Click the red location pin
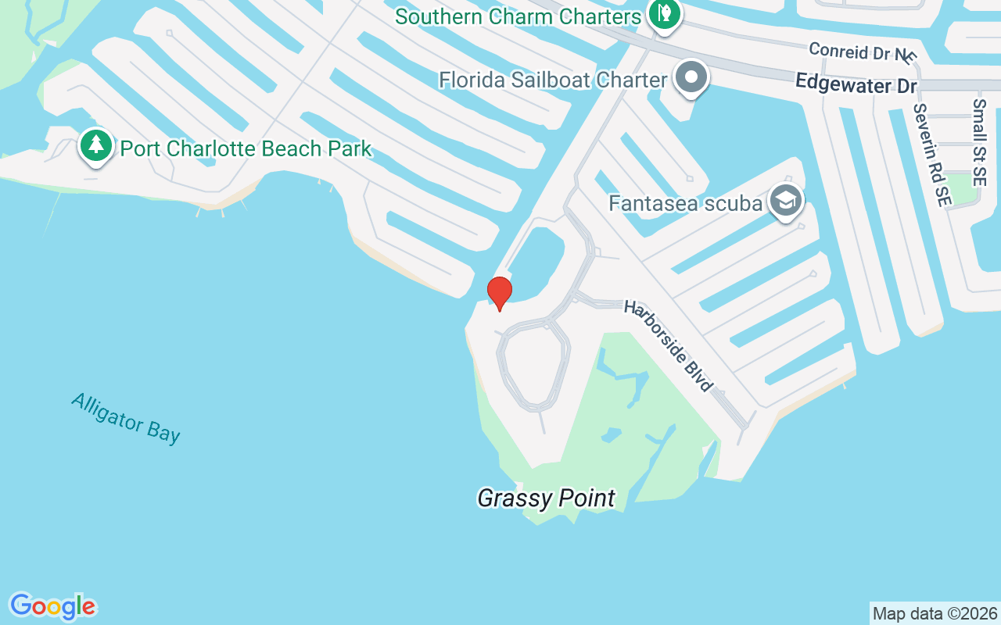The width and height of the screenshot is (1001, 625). click(x=499, y=293)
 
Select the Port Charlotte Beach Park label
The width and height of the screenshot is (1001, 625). click(x=246, y=148)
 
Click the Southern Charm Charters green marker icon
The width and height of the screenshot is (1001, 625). click(x=664, y=15)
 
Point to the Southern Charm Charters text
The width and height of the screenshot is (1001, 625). click(x=518, y=16)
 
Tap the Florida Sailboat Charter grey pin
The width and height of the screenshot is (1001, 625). click(x=692, y=78)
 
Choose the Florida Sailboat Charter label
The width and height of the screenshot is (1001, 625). click(x=553, y=80)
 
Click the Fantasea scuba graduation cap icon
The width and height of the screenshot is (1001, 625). click(x=786, y=202)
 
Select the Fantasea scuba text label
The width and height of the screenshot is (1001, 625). click(x=685, y=204)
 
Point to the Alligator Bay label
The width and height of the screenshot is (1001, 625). click(x=126, y=418)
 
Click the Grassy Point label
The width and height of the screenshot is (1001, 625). click(x=546, y=498)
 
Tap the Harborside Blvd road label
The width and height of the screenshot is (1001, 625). click(x=668, y=345)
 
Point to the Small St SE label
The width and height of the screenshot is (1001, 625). click(x=981, y=141)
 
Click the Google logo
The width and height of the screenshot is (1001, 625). click(x=52, y=606)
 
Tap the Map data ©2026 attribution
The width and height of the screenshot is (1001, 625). click(x=935, y=613)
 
